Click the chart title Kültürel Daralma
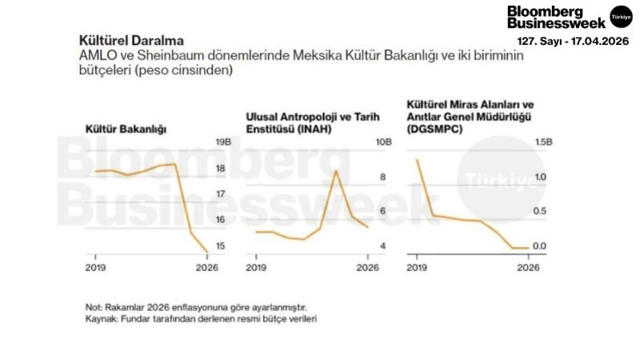click(x=130, y=40)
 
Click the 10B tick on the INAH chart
click(x=384, y=142)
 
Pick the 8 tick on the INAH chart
click(x=382, y=177)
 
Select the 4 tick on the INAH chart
click(x=382, y=246)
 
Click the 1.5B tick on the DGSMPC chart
click(x=542, y=142)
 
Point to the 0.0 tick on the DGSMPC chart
click(x=540, y=246)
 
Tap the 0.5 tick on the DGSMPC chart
click(x=540, y=211)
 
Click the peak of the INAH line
click(x=336, y=170)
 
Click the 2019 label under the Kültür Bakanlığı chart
click(x=96, y=268)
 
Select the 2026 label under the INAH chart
click(x=367, y=268)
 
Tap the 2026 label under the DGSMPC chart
click(x=528, y=268)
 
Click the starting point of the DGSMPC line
click(x=417, y=160)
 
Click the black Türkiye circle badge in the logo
click(x=621, y=15)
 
